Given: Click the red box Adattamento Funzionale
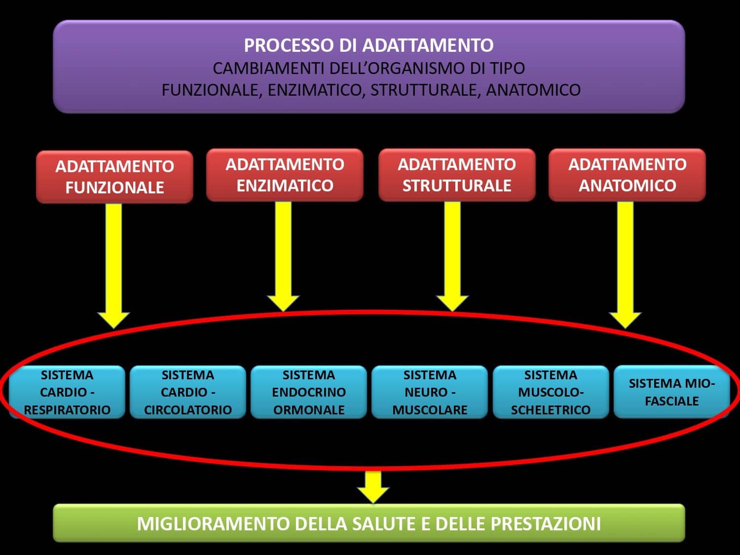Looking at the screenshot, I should point(114,177).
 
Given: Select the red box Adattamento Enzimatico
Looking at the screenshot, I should point(285,175).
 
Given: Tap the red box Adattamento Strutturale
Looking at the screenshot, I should point(457,175).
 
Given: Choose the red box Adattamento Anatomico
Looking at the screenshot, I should point(627,175).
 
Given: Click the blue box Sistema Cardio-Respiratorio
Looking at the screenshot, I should point(67,392).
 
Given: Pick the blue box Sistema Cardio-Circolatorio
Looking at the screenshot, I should point(188,392).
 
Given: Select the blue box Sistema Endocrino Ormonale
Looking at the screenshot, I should point(309,392).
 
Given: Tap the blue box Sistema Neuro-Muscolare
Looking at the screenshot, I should point(430,392).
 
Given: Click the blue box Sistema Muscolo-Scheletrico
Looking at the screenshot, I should point(551,392).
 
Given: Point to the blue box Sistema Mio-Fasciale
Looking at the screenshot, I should point(671,392).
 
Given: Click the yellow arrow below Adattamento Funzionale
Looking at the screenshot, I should point(113,261).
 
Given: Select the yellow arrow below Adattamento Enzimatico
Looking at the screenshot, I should point(283,252).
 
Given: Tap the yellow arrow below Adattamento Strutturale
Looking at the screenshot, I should point(452,252).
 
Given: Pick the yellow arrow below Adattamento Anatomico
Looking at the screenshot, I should point(625,261).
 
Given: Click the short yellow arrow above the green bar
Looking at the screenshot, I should point(373,486).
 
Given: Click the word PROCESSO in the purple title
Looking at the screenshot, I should point(289,45).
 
